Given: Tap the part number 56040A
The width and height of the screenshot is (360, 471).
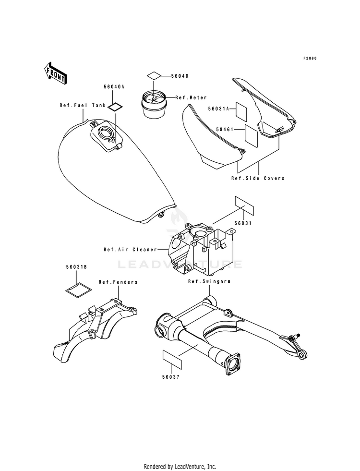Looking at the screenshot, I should coord(114,87).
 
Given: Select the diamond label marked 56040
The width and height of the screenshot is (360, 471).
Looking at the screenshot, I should coord(153,76).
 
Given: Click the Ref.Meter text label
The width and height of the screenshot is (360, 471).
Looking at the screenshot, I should coord(191,98).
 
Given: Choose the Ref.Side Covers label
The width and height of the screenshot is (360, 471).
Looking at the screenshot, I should coord(258,178).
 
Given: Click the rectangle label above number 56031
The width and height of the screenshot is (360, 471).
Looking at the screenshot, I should coord(243,206).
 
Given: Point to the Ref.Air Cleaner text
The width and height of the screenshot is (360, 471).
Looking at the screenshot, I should coord(136,250).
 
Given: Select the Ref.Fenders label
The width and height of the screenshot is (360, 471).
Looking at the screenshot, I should coord(118,282).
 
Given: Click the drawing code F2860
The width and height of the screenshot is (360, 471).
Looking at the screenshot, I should coord(310,59).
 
